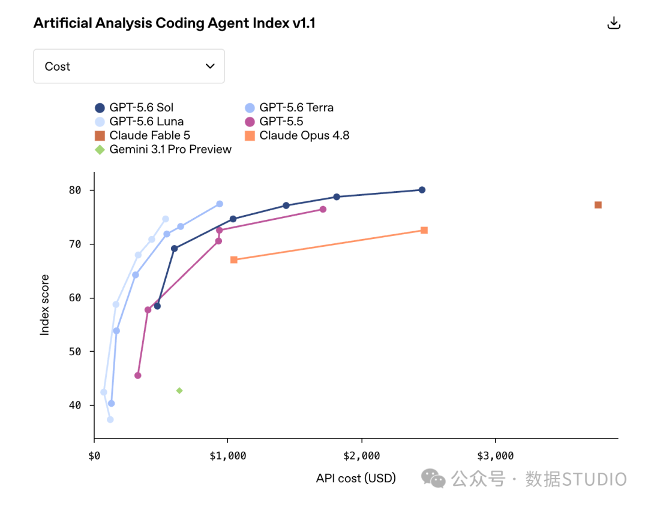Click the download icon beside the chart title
[614, 23]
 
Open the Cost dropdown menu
[129, 66]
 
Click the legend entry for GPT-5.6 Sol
[134, 108]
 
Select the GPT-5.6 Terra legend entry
[289, 108]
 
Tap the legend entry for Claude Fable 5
[142, 135]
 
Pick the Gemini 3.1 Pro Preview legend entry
[163, 149]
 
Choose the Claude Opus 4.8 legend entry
[297, 135]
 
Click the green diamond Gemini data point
[179, 391]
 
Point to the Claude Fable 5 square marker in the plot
[598, 205]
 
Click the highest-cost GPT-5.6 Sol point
[422, 190]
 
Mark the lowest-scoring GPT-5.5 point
[137, 376]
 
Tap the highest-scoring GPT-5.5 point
[323, 209]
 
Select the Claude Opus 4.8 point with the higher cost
[424, 230]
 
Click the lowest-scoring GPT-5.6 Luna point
[110, 419]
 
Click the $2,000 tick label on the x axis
[362, 456]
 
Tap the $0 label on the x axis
[94, 456]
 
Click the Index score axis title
[44, 305]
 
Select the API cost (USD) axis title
[356, 478]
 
